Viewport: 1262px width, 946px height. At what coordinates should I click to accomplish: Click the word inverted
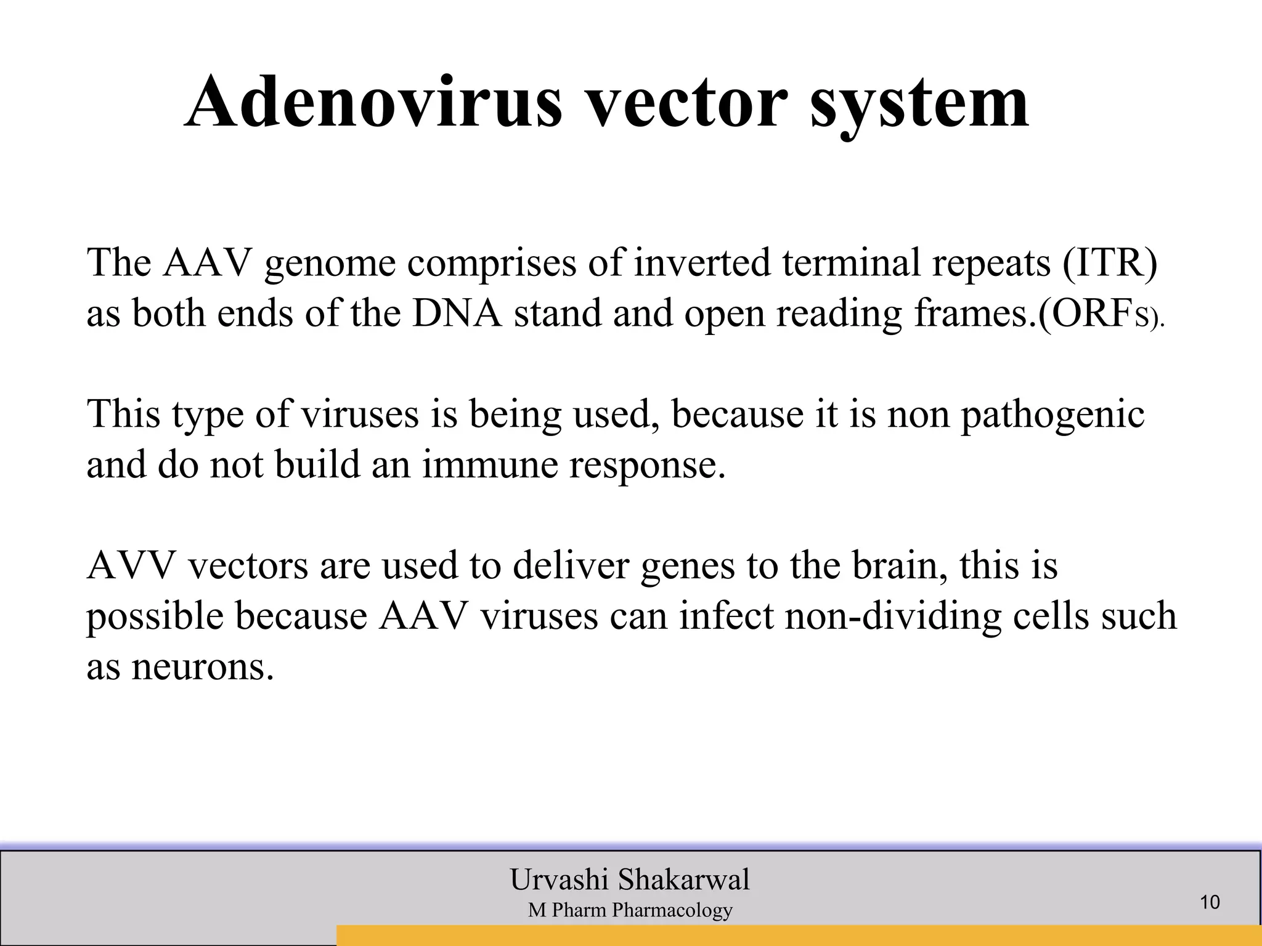click(702, 262)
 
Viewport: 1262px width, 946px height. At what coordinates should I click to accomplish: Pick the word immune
click(490, 464)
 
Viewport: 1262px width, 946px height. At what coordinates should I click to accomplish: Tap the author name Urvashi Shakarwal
click(630, 879)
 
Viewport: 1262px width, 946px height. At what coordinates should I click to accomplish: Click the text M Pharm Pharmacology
click(630, 910)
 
